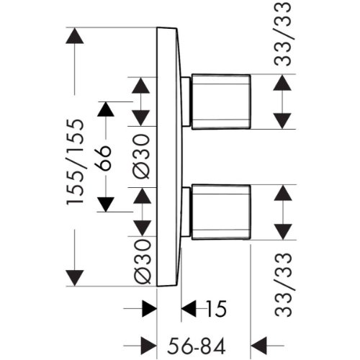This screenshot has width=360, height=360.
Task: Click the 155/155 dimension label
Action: point(75,162)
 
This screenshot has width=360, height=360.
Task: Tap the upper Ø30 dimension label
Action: point(141,156)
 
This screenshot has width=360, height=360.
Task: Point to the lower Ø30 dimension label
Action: point(142,261)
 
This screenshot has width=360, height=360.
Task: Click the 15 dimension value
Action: point(216,309)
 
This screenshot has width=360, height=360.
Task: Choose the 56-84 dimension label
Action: point(197,346)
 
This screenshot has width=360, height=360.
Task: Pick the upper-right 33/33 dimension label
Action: point(282,34)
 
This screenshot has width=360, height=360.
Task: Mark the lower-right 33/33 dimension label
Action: point(283,285)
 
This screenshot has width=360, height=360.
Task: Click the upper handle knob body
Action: point(221,102)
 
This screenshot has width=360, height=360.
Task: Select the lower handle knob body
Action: point(221,212)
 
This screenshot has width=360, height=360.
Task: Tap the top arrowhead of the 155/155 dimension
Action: point(75,36)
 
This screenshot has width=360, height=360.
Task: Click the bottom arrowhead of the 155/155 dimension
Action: point(75,278)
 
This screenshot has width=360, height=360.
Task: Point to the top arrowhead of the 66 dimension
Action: point(106,109)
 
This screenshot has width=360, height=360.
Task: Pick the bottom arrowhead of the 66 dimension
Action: point(106,204)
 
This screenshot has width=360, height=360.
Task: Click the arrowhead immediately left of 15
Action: point(189,309)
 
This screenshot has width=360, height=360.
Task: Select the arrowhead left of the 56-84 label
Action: point(148,346)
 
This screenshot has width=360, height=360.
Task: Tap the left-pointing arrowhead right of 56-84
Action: point(258,346)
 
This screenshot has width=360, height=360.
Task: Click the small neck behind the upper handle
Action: point(186,102)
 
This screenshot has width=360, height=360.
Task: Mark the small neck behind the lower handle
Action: point(186,212)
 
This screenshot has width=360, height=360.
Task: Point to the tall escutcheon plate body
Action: point(168,157)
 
